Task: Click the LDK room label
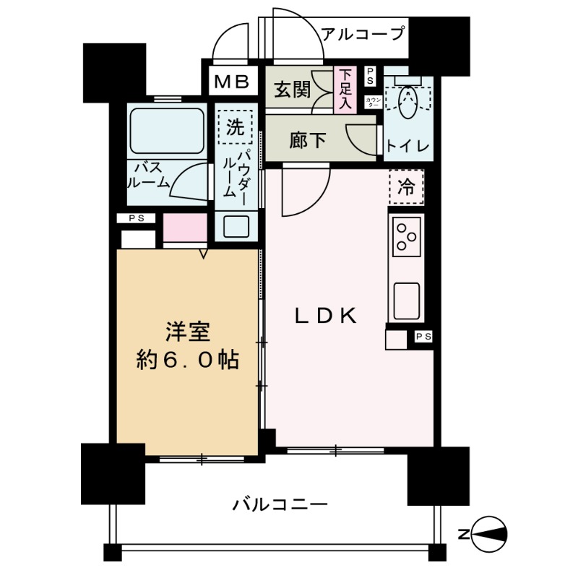324,316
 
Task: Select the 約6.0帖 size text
188,360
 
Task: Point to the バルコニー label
280,504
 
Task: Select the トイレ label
407,147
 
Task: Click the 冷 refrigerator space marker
407,187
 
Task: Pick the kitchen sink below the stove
405,300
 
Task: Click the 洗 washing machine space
236,128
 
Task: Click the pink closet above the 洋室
185,228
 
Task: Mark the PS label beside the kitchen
423,336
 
